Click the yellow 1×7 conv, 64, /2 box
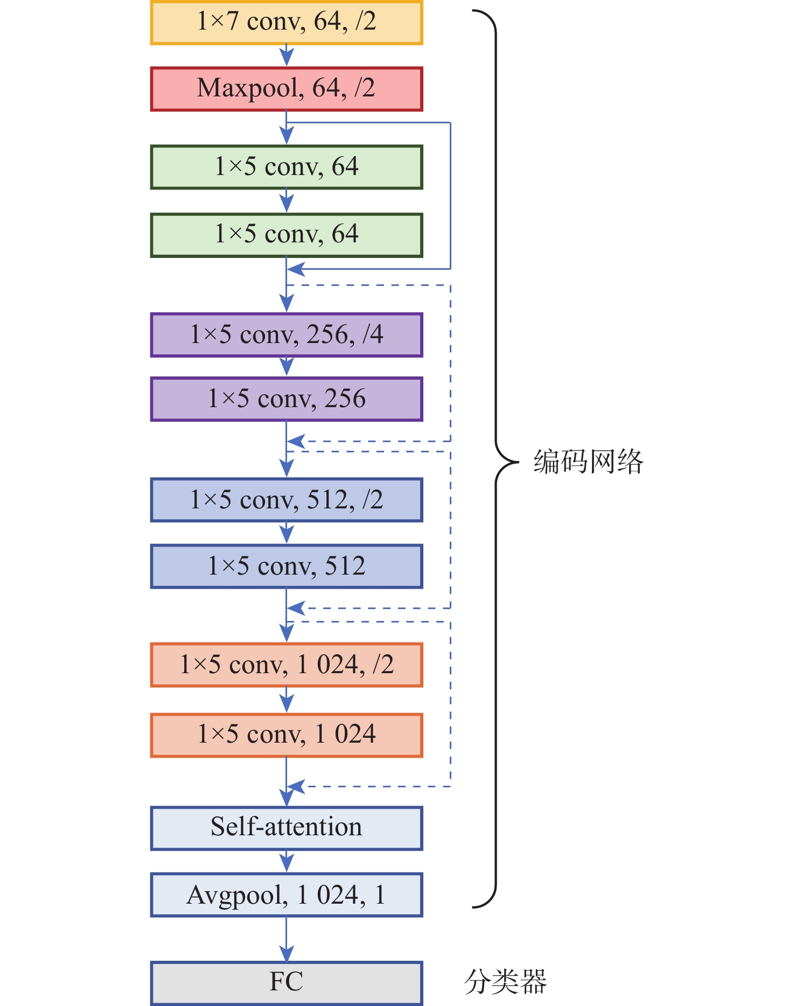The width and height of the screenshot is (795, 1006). [287, 23]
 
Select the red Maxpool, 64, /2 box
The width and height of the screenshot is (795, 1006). [287, 89]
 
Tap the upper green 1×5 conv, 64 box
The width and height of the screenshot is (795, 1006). [287, 167]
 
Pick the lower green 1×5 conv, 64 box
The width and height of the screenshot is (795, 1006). [287, 235]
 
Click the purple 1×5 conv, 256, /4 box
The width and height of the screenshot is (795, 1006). [287, 335]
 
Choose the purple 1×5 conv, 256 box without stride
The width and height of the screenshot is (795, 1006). [287, 399]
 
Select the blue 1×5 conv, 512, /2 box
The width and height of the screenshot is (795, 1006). [287, 500]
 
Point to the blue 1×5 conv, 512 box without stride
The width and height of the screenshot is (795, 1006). [287, 567]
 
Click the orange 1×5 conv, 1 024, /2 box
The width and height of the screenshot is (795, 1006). [287, 665]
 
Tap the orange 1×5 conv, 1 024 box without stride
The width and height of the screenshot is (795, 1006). [287, 735]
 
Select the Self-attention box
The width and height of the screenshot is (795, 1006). [287, 828]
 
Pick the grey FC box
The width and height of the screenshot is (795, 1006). [287, 983]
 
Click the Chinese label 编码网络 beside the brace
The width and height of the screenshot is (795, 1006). [589, 462]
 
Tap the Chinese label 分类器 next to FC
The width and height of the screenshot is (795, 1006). [506, 982]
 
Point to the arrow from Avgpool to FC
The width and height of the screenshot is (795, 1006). [287, 939]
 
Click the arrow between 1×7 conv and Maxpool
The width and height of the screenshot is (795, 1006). [287, 56]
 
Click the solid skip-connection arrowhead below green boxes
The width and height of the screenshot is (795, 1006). [296, 269]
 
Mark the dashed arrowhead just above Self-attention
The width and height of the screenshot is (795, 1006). [296, 787]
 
